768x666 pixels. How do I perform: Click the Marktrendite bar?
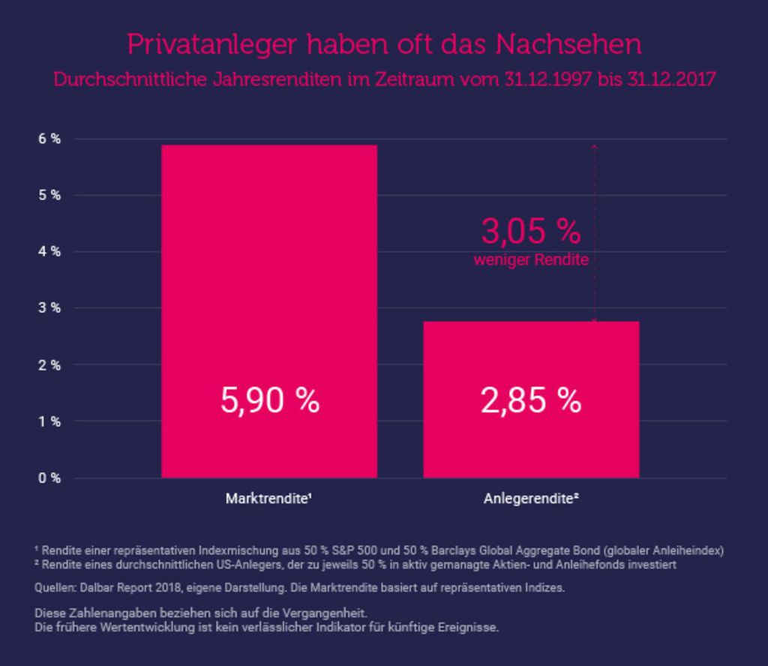tap(269, 311)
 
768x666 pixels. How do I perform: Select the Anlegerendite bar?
tap(532, 399)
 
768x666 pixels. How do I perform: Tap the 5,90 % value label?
tap(270, 400)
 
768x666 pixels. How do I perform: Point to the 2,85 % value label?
tap(531, 400)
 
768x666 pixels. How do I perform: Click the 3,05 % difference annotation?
tap(531, 231)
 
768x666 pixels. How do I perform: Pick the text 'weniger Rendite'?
tap(531, 259)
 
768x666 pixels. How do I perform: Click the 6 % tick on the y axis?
tap(49, 139)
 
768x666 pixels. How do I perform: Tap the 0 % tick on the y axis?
tap(49, 478)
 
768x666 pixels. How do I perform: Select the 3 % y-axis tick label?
tap(49, 308)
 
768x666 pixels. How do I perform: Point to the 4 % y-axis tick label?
tap(49, 252)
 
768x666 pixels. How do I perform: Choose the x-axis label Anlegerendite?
tap(531, 499)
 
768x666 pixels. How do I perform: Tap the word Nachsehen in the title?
tap(568, 44)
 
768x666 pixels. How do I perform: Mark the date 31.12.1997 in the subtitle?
tap(548, 79)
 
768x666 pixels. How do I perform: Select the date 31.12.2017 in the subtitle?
tap(671, 79)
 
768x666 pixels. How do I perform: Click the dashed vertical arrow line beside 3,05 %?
tap(595, 232)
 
